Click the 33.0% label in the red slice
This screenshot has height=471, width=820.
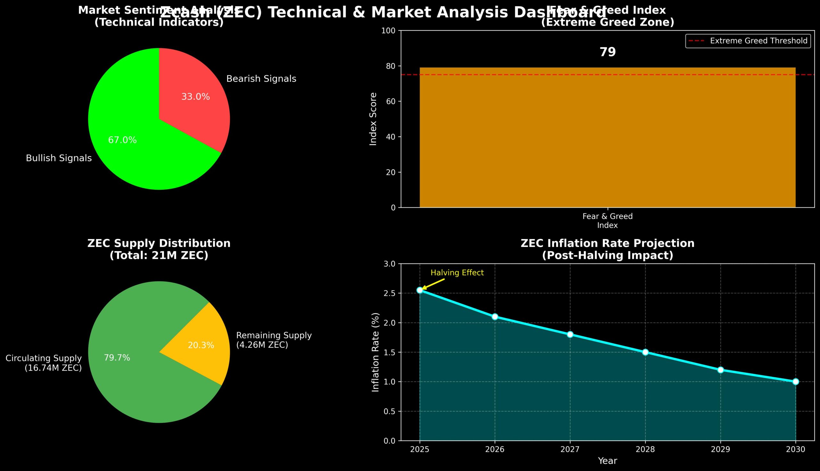point(195,97)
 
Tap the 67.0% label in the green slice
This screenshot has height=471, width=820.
point(122,140)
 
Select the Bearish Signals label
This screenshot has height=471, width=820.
point(261,79)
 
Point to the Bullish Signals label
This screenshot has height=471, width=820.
point(59,158)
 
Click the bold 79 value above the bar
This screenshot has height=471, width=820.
point(608,52)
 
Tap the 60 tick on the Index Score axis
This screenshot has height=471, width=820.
point(391,101)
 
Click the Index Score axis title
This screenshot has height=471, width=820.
point(373,119)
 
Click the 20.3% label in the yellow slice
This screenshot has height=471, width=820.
point(201,346)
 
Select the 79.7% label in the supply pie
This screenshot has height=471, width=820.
point(117,358)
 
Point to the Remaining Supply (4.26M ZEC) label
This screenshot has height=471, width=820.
point(274,340)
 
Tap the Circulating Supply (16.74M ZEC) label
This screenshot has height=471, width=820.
point(44,363)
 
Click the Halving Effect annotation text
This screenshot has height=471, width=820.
point(457,273)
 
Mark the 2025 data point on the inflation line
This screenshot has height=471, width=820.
point(420,290)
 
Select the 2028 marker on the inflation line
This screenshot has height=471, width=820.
point(645,352)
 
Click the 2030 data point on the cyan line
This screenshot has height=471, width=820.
point(795,382)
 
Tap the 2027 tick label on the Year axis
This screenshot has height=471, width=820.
point(570,450)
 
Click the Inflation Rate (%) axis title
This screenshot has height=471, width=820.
point(375,352)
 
